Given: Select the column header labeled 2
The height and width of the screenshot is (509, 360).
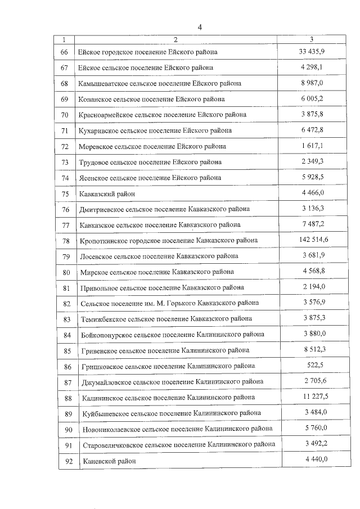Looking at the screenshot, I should [175, 39].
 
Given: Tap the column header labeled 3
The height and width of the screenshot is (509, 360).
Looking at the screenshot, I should [312, 39].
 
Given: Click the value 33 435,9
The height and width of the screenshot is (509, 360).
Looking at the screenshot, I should [312, 51].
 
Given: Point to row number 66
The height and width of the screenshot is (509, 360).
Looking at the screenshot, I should [64, 52].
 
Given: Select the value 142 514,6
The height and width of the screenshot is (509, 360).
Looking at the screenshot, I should [312, 240].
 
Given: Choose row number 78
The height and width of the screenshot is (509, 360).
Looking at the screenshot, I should [65, 241].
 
